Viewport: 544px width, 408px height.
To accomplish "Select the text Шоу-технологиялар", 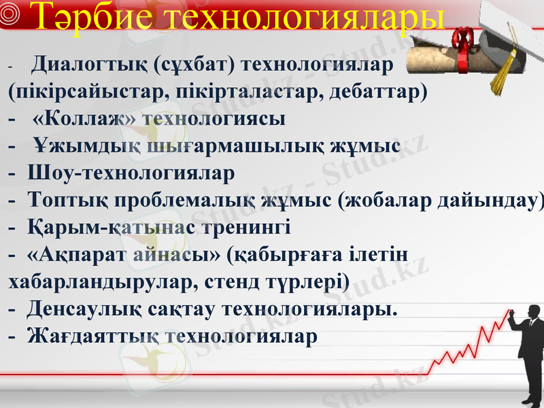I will [x=132, y=173].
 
